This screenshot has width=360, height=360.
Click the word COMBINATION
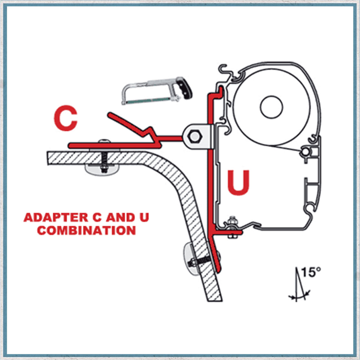tap(86, 230)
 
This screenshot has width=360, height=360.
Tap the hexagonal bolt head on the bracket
tap(194, 136)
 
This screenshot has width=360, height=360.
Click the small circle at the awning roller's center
tap(271, 106)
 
